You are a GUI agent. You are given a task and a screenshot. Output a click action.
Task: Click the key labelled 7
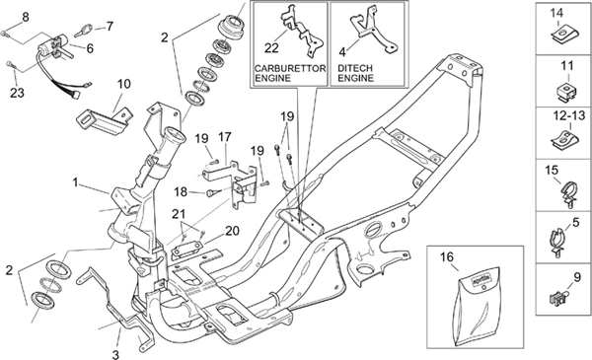[x=84, y=31]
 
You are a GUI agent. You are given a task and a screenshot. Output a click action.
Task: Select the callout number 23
[x=17, y=93]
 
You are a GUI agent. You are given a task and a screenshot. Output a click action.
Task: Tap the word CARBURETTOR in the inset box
[x=290, y=68]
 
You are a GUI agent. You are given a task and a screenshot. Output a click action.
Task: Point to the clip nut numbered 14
[x=563, y=35]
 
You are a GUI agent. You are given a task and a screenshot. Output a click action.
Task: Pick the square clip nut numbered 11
[x=567, y=92]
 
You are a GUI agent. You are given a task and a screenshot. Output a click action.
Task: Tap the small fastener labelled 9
[x=558, y=297]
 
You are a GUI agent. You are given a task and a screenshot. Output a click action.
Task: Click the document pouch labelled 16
[x=477, y=306]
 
